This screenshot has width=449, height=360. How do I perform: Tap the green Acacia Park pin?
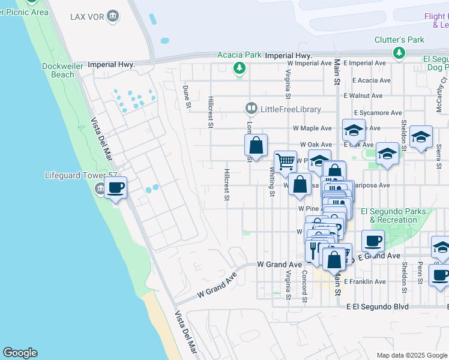coord(240,67)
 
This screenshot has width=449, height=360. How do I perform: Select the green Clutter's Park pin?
coord(399,53)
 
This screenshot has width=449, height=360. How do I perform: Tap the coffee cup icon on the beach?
coord(116,188)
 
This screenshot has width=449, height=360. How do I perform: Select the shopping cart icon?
coord(285,161)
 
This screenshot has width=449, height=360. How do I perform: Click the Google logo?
coord(20,353)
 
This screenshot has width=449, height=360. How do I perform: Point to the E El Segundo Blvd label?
coord(378,306)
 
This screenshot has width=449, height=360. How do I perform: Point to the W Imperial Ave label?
coord(310,62)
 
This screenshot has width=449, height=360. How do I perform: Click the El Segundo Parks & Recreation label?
coord(393,215)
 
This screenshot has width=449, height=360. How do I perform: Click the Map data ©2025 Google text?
coord(412,355)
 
